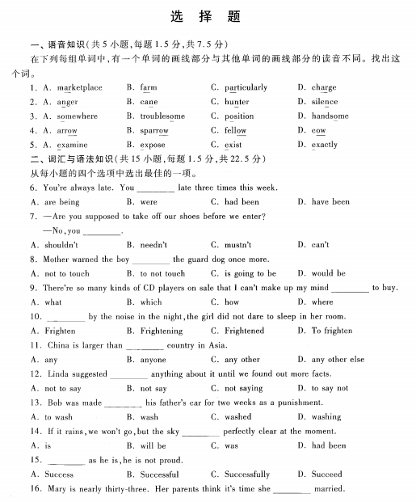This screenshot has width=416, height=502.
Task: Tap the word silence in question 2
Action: (x=324, y=102)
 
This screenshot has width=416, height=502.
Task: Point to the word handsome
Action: (x=330, y=116)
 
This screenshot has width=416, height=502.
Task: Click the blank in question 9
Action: (x=350, y=289)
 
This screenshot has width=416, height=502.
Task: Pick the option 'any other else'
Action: (x=338, y=360)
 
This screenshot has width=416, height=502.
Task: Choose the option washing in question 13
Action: (x=326, y=417)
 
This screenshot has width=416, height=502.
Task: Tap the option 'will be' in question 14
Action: (x=153, y=445)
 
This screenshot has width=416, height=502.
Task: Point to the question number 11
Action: (x=35, y=345)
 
